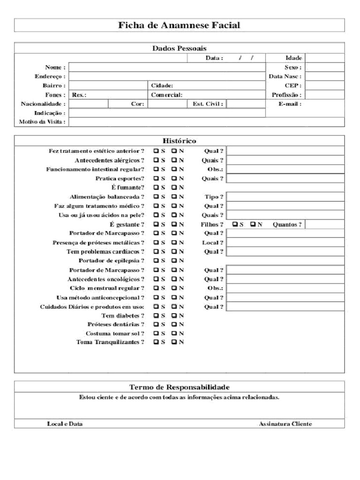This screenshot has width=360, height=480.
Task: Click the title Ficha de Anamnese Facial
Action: click(180, 25)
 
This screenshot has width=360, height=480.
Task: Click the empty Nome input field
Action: click(167, 67)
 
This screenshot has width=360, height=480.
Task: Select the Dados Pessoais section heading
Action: click(179, 48)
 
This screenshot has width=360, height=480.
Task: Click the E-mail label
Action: click(290, 104)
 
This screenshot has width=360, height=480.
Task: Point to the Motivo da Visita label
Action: click(42, 122)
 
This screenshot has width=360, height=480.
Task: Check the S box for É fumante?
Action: click(156, 187)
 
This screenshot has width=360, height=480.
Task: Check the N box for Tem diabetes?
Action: click(174, 315)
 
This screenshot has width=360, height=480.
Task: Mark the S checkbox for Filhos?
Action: click(235, 224)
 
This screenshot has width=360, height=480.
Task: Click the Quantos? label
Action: click(287, 224)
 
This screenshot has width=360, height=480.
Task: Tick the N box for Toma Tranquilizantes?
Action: click(174, 342)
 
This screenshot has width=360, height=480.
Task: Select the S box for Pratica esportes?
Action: click(156, 179)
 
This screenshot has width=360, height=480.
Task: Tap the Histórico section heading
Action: click(179, 141)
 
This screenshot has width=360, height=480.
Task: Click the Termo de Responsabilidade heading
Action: click(179, 387)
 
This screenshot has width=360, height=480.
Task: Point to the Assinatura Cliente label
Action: click(285, 424)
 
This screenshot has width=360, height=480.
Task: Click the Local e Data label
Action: click(65, 424)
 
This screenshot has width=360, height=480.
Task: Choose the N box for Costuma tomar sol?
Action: click(174, 333)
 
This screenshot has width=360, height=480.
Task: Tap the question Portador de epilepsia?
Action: click(111, 261)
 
